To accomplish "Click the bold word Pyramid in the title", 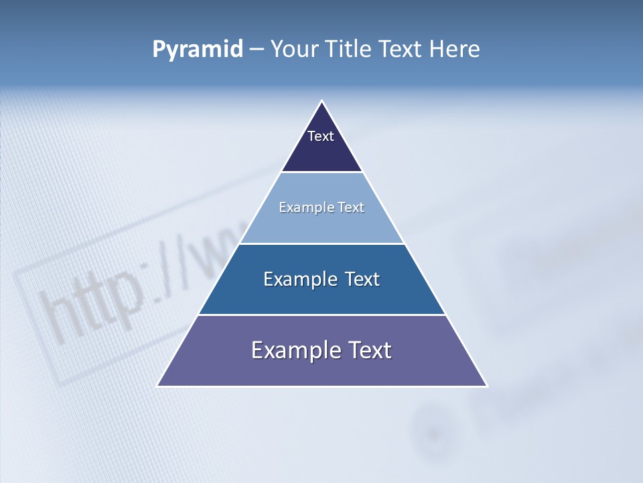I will [198, 50].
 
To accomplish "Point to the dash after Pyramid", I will [257, 50].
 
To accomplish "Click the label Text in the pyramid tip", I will [321, 136].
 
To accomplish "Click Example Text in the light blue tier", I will [321, 207].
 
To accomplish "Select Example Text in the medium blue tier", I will [321, 279].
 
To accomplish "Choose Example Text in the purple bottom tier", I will [321, 350].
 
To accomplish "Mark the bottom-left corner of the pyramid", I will [158, 386].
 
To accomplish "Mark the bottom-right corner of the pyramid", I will [486, 386].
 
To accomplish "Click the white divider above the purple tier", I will [321, 315].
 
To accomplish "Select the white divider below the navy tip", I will [321, 172].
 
